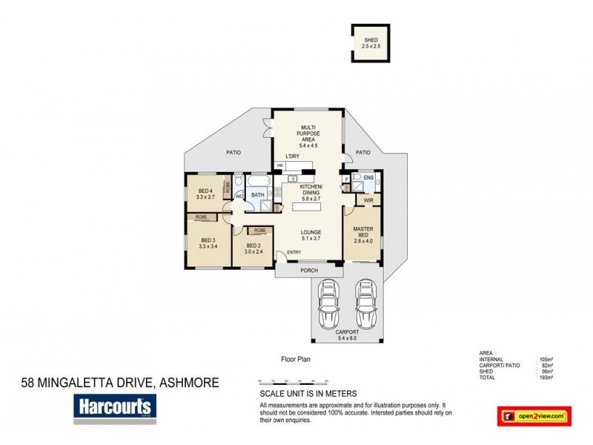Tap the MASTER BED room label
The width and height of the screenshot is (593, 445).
(x=362, y=231)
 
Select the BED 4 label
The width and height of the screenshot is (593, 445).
(x=205, y=194)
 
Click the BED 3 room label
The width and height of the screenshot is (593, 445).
(x=208, y=243)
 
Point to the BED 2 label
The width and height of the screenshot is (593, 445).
(x=254, y=248)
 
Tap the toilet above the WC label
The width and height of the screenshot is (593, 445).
(x=239, y=182)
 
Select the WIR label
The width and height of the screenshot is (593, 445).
(x=368, y=200)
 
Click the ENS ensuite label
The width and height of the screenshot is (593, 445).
(x=368, y=178)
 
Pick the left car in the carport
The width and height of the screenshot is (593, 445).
(x=328, y=305)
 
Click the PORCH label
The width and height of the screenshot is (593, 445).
(x=309, y=271)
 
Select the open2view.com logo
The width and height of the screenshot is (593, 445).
(x=534, y=417)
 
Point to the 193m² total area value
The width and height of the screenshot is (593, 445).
(x=547, y=378)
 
